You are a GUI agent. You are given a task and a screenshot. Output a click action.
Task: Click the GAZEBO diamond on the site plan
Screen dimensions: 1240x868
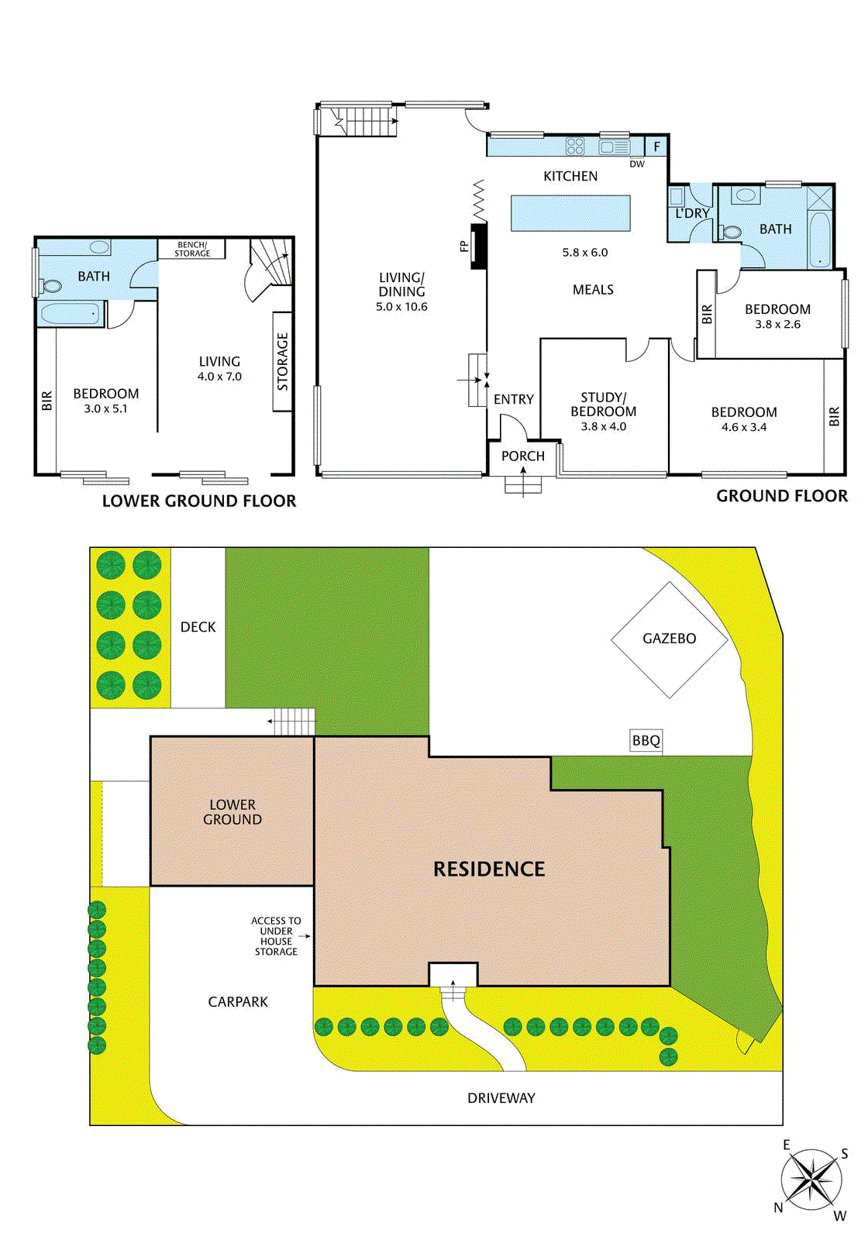tap(670, 639)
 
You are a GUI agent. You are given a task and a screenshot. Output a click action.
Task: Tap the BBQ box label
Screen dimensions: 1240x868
tap(646, 741)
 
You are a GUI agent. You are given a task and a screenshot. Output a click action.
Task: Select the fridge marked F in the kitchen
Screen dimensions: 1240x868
tap(656, 146)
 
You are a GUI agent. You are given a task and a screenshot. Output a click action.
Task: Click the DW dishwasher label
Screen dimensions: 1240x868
tap(636, 164)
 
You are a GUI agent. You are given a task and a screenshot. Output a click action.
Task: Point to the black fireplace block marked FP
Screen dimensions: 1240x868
tap(479, 246)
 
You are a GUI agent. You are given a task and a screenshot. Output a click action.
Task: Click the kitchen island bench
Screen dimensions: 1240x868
tap(570, 213)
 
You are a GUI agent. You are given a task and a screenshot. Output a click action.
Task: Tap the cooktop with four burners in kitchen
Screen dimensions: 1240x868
tap(575, 146)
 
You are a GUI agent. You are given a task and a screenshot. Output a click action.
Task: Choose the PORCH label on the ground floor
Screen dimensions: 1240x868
tap(523, 456)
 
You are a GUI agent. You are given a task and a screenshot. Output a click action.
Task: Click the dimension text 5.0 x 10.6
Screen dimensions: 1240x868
tap(401, 307)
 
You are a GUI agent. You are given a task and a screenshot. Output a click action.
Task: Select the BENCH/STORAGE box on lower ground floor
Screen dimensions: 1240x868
tap(191, 249)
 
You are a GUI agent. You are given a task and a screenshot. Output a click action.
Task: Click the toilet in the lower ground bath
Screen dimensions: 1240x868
tap(51, 286)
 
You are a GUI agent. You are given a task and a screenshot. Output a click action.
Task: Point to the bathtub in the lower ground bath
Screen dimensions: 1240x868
tap(71, 314)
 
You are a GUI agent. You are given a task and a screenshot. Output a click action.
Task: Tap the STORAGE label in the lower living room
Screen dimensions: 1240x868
tap(283, 361)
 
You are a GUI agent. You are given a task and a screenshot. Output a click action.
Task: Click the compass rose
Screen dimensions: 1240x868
tap(811, 1180)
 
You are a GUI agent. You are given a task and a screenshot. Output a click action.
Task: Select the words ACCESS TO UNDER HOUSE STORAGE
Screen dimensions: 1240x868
tap(276, 936)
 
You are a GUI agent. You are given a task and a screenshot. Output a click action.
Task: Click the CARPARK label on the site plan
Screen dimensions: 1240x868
tap(238, 1002)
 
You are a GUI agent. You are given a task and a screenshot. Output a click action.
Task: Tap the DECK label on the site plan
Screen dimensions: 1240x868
tap(198, 627)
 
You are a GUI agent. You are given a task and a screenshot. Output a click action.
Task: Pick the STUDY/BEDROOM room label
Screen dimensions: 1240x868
tap(603, 405)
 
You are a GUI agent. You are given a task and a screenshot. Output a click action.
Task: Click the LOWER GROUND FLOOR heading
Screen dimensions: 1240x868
tap(199, 501)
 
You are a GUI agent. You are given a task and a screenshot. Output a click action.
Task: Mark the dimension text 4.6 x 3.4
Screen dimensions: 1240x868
tap(744, 427)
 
